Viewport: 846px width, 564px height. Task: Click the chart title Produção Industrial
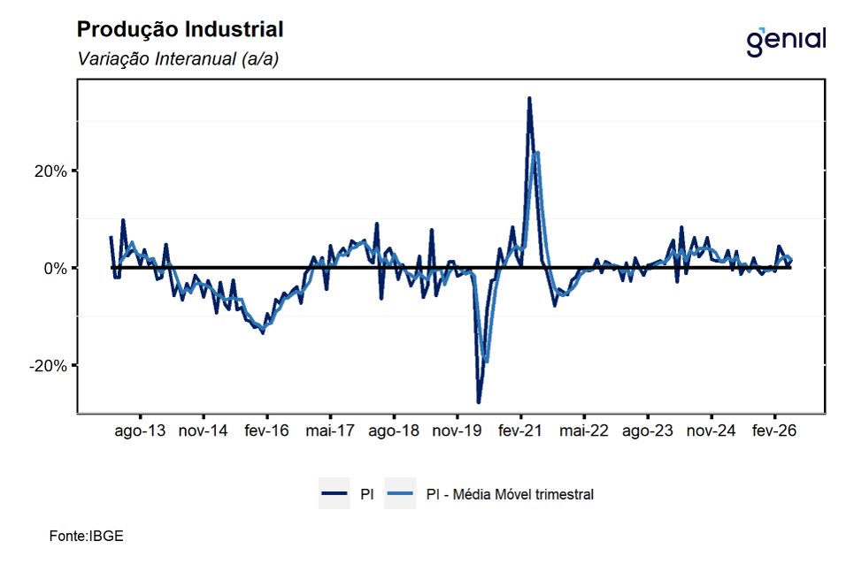(x=180, y=30)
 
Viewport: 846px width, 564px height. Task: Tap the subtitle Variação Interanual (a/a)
(x=178, y=58)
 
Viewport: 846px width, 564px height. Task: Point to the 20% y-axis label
(x=50, y=171)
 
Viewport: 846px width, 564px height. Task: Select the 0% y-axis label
(x=56, y=269)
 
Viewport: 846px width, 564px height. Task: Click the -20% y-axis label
(x=48, y=366)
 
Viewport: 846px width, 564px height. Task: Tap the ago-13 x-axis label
(x=141, y=431)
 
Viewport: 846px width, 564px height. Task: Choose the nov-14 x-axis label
(x=203, y=431)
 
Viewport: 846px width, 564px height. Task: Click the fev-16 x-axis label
(x=266, y=431)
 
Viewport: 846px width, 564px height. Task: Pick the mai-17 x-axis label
(x=330, y=431)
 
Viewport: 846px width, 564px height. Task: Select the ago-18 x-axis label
(x=394, y=431)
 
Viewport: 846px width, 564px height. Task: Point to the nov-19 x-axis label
(x=457, y=431)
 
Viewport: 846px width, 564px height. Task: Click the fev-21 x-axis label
(x=520, y=431)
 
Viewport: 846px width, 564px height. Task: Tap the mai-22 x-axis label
(x=584, y=431)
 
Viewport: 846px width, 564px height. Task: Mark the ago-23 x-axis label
(x=648, y=431)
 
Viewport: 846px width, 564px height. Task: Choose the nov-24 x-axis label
(x=711, y=431)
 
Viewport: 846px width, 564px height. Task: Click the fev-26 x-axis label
(x=774, y=431)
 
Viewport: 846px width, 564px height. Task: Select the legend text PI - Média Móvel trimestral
(x=510, y=494)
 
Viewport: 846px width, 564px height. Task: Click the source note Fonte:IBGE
(x=87, y=536)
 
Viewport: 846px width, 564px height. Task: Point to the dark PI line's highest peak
(x=529, y=98)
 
